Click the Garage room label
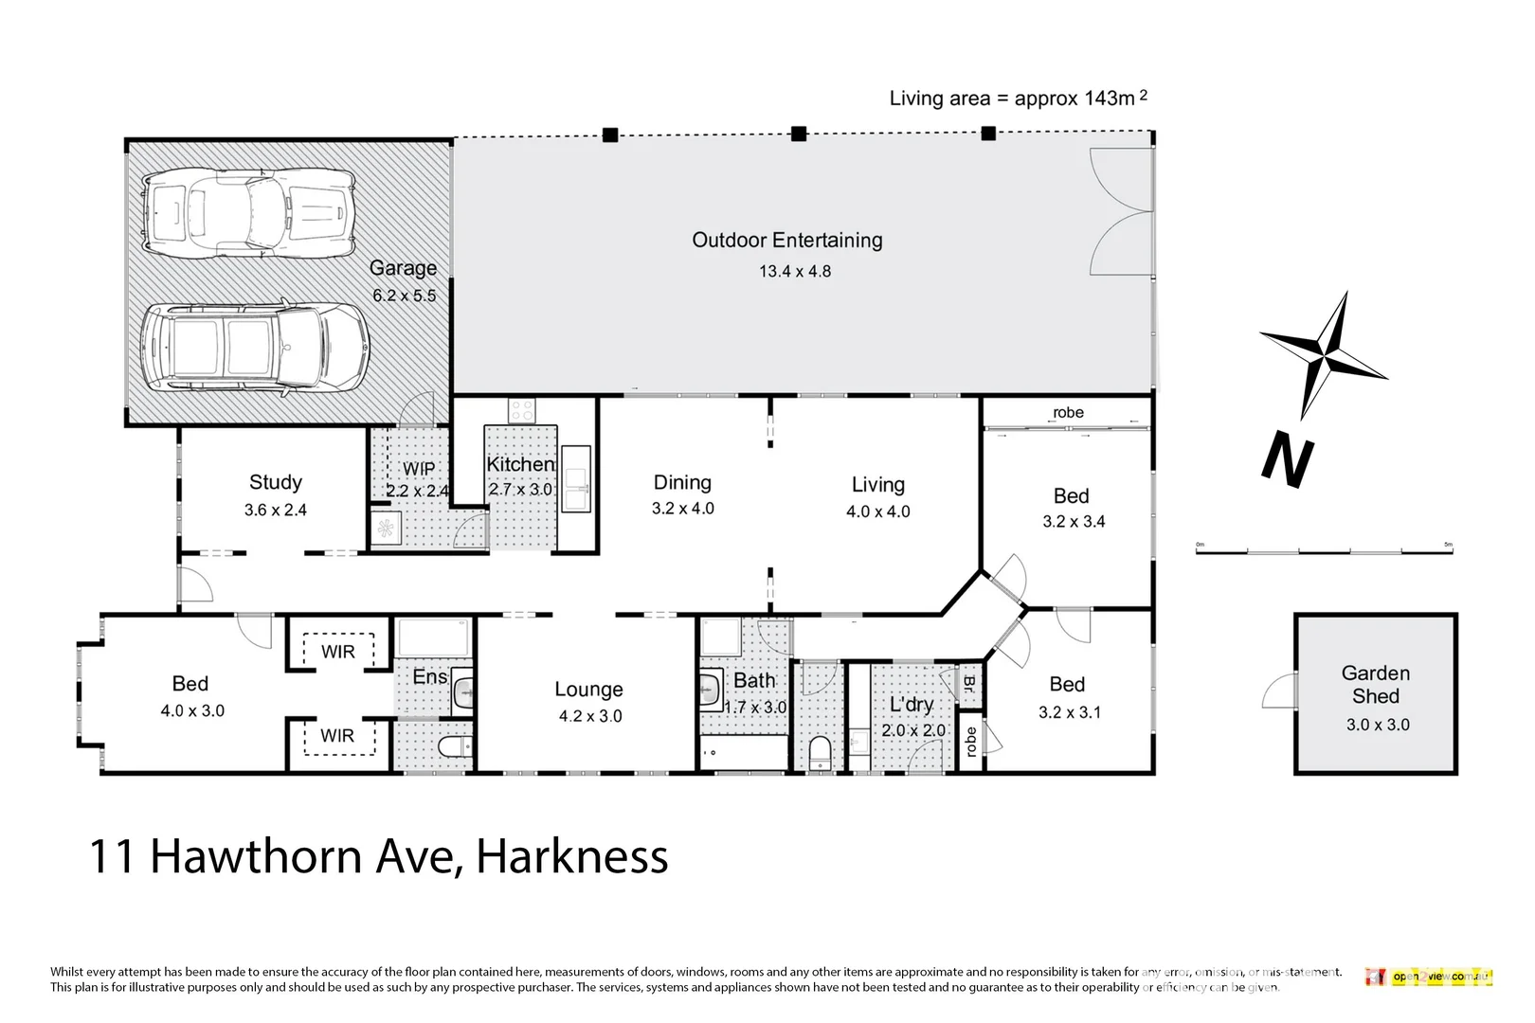pyautogui.click(x=403, y=268)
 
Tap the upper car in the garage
pyautogui.click(x=249, y=213)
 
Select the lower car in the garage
pyautogui.click(x=254, y=348)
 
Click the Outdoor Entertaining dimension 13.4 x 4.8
pyautogui.click(x=794, y=272)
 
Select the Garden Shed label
pyautogui.click(x=1375, y=685)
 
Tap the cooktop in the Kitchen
pyautogui.click(x=522, y=410)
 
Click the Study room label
pyautogui.click(x=276, y=482)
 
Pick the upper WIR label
pyautogui.click(x=338, y=652)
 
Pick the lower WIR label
pyautogui.click(x=338, y=736)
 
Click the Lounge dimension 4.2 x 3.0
pyautogui.click(x=589, y=717)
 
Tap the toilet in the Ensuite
pyautogui.click(x=456, y=747)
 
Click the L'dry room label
pyautogui.click(x=912, y=705)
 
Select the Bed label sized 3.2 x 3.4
pyautogui.click(x=1072, y=496)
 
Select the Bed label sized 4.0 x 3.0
pyautogui.click(x=190, y=684)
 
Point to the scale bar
pyautogui.click(x=1324, y=549)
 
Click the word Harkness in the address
pyautogui.click(x=572, y=856)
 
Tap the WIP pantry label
pyautogui.click(x=419, y=469)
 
